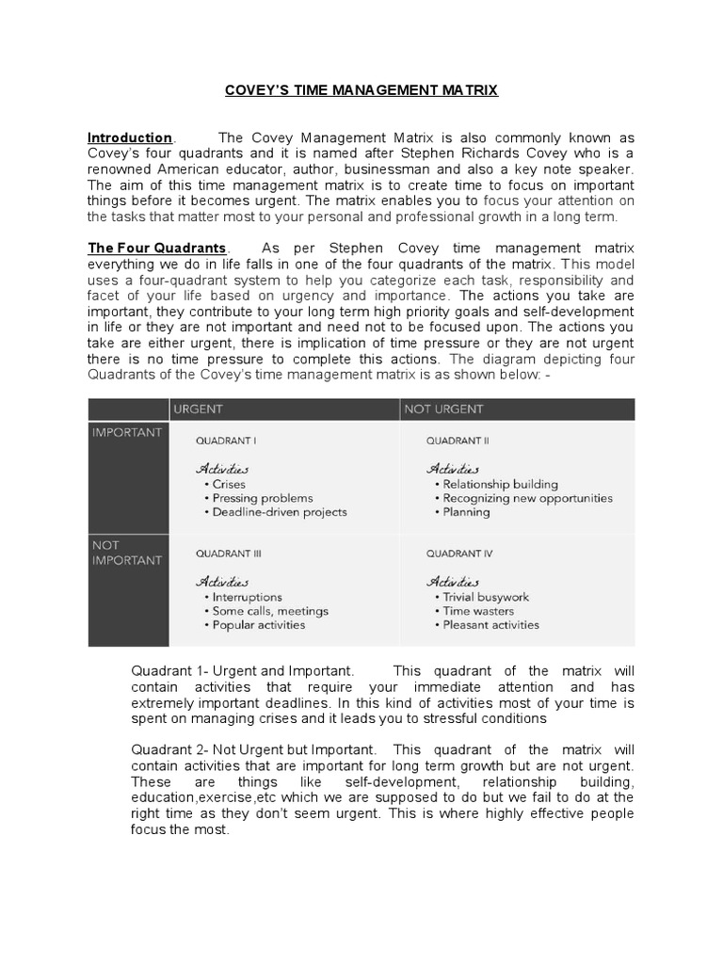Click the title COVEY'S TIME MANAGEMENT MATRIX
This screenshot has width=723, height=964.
[x=361, y=90]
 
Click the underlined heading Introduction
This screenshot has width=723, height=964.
[x=130, y=137]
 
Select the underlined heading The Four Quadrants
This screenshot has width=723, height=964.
[x=157, y=248]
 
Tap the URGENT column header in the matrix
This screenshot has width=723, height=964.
[x=197, y=410]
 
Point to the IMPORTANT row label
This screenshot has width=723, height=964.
[x=127, y=433]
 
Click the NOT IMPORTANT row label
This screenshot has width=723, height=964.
[x=127, y=552]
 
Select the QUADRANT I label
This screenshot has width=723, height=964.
[x=226, y=440]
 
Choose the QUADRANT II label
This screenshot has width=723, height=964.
[x=458, y=440]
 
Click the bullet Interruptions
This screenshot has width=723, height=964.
[x=247, y=597]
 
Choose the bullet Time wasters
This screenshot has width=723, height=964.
[x=478, y=611]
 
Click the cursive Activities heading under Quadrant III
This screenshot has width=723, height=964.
[x=222, y=581]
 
